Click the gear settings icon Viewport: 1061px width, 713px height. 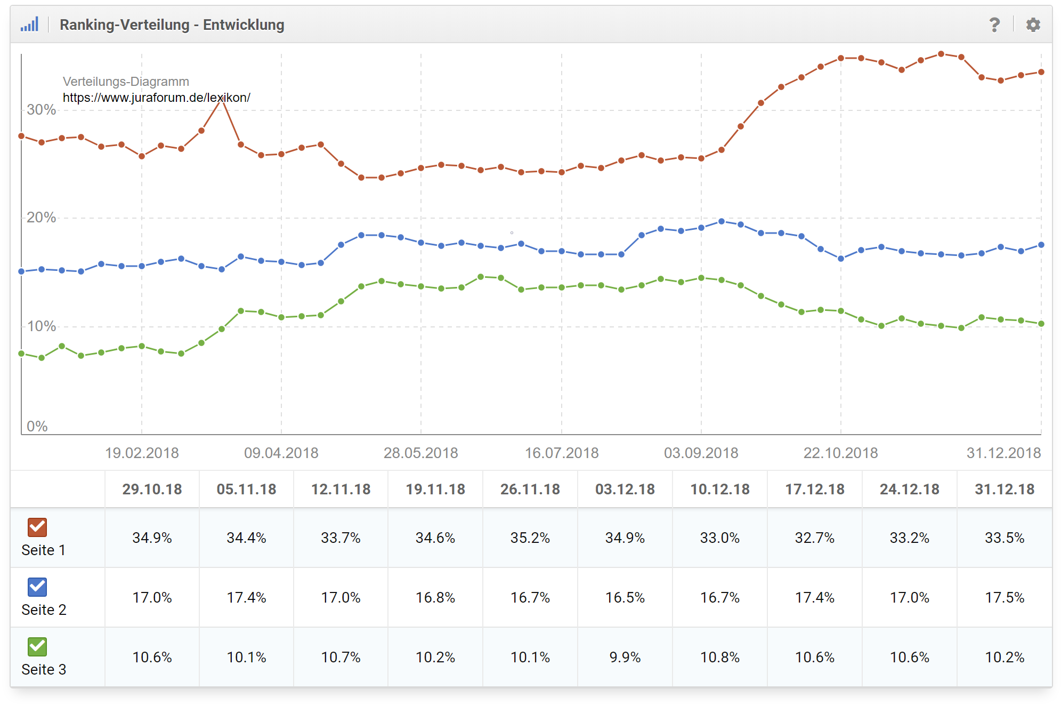click(1033, 25)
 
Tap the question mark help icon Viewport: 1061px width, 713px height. click(994, 25)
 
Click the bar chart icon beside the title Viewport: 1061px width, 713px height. click(30, 25)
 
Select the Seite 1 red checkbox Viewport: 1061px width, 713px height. click(37, 527)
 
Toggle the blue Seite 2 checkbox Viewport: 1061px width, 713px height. click(37, 587)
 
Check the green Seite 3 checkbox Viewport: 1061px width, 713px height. click(37, 646)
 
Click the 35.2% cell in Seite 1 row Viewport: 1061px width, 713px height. click(530, 538)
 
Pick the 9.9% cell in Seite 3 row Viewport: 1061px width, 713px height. click(625, 657)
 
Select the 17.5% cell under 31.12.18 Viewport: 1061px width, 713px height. click(1004, 597)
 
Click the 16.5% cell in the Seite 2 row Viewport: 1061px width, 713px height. click(625, 597)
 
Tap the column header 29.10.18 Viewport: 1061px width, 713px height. click(152, 489)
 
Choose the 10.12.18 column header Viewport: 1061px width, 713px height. click(719, 489)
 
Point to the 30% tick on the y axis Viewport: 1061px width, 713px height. click(41, 109)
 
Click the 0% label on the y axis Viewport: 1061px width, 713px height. click(37, 426)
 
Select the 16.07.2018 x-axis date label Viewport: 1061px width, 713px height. click(562, 453)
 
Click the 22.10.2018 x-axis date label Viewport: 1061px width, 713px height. click(840, 453)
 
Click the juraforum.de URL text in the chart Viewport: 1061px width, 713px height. click(156, 98)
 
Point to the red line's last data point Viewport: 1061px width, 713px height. click(1041, 72)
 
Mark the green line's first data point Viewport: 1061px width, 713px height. click(21, 354)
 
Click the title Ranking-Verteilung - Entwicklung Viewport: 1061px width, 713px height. click(172, 25)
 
